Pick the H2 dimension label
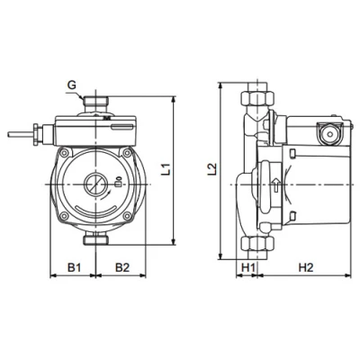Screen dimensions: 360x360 pyautogui.click(x=305, y=267)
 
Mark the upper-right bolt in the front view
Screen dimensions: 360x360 pyautogui.click(x=127, y=155)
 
